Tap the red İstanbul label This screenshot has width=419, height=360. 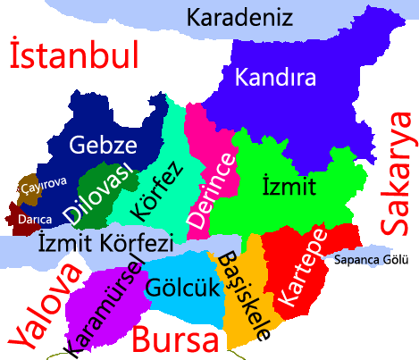(x=74, y=55)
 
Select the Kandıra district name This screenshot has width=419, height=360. (x=275, y=79)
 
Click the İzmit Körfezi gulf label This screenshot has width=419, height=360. (x=105, y=242)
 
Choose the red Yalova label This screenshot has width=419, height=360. (x=40, y=306)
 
